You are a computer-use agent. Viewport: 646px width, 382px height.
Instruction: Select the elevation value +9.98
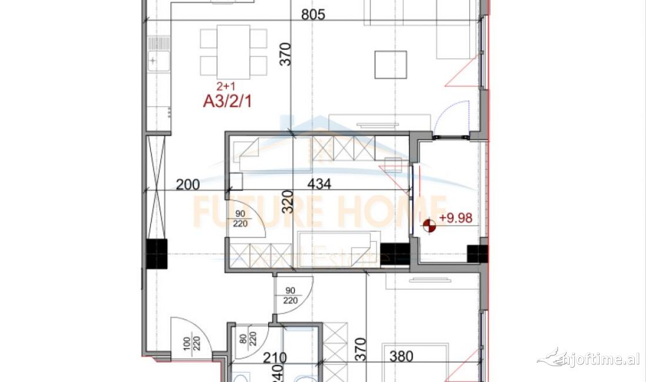click(x=456, y=219)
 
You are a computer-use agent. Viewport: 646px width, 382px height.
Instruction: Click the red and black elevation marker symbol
click(x=430, y=225)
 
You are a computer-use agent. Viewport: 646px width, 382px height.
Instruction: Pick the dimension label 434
click(x=319, y=184)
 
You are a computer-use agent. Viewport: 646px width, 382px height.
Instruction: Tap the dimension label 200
click(x=188, y=185)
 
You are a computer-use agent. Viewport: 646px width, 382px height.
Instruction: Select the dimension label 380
click(x=401, y=356)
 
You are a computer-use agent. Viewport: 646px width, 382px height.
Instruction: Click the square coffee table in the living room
click(x=391, y=65)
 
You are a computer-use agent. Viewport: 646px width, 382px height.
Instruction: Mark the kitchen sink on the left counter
click(x=156, y=60)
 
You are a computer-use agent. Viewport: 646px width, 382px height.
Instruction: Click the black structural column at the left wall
click(x=157, y=255)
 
